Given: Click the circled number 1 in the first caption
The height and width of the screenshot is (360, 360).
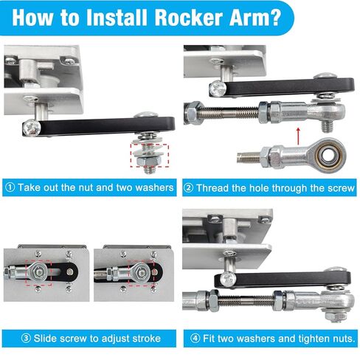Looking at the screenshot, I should [x=10, y=187].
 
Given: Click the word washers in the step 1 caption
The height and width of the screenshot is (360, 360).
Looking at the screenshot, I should [x=150, y=187].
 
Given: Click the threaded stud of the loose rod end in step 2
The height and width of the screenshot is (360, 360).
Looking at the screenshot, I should [x=251, y=156].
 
